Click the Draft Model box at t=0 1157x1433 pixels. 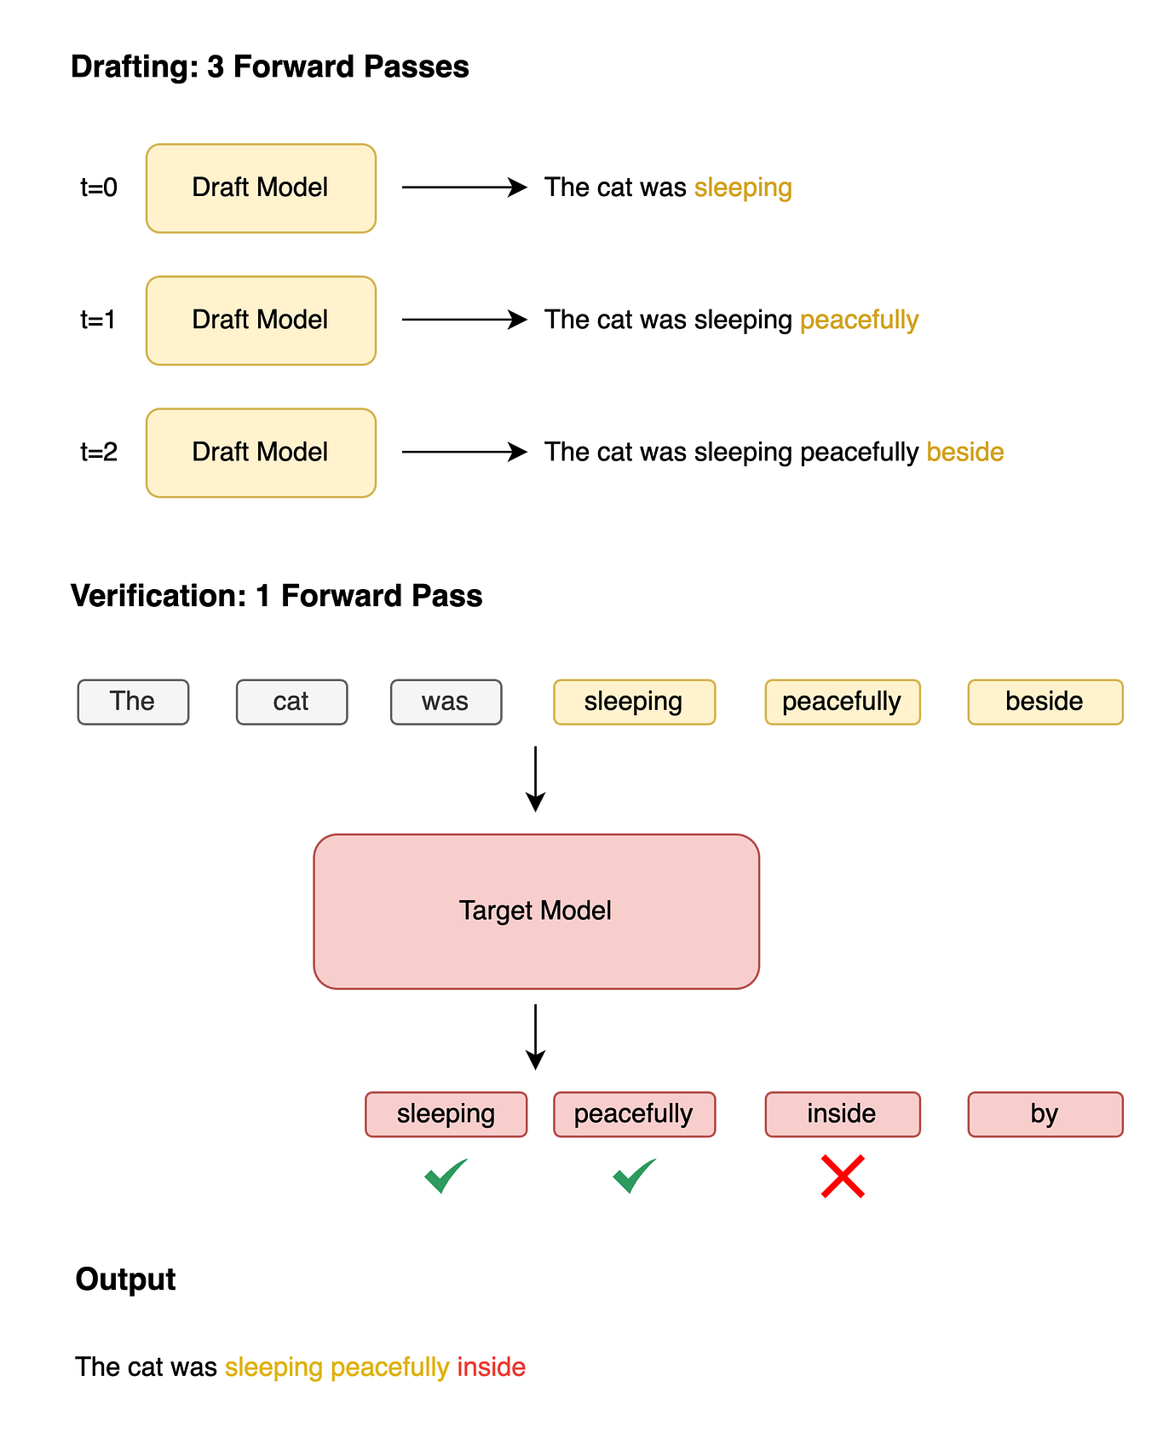tap(261, 188)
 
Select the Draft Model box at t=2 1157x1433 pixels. tap(261, 453)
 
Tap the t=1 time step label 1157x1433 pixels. tap(98, 321)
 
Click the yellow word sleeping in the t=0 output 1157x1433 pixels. tap(743, 188)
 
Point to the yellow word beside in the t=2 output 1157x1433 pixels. tap(964, 452)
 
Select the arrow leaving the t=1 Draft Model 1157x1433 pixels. tap(464, 320)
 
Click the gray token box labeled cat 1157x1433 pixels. tap(291, 702)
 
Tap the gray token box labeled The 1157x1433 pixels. tap(133, 702)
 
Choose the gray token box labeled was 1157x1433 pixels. tap(446, 702)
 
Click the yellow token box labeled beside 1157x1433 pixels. tap(1045, 702)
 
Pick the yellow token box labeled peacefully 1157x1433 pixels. tap(842, 702)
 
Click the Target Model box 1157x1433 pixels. tap(536, 911)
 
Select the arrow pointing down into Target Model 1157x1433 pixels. tap(535, 778)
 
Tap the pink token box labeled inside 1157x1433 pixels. tap(842, 1114)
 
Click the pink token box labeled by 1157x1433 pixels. tap(1045, 1114)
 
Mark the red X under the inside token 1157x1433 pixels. tap(843, 1176)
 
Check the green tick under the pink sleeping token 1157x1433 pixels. tap(446, 1176)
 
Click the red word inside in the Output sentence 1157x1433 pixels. tap(491, 1367)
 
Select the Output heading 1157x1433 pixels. tap(125, 1279)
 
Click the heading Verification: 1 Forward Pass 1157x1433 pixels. tap(276, 595)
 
